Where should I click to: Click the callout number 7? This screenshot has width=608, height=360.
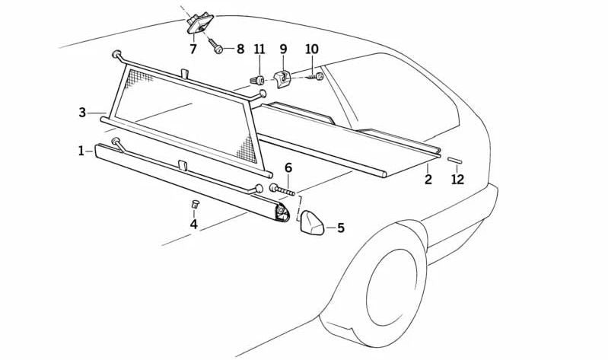[193, 49]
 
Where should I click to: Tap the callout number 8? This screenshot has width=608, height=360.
[240, 49]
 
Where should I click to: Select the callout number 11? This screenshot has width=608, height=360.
[259, 49]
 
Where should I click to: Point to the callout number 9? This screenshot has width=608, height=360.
[283, 49]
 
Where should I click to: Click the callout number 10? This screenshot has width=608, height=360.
[312, 49]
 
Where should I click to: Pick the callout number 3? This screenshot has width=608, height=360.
[82, 113]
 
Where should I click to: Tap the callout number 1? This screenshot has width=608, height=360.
[81, 151]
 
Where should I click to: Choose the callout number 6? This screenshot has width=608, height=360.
[288, 168]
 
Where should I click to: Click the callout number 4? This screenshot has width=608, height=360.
[193, 225]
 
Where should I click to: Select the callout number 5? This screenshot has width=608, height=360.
[341, 228]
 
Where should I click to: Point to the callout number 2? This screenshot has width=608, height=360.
[428, 179]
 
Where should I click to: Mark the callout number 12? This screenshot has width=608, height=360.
[457, 179]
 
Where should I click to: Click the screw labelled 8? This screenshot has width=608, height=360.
[215, 46]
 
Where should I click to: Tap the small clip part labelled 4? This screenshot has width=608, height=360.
[195, 204]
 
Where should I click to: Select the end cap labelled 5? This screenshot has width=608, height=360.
[312, 223]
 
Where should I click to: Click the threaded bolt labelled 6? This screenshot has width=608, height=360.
[282, 190]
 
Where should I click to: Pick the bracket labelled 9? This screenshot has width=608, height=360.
[282, 78]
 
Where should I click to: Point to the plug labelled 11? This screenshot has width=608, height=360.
[257, 81]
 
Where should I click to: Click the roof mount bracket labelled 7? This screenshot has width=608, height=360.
[200, 24]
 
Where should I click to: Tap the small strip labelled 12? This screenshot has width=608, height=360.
[455, 161]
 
